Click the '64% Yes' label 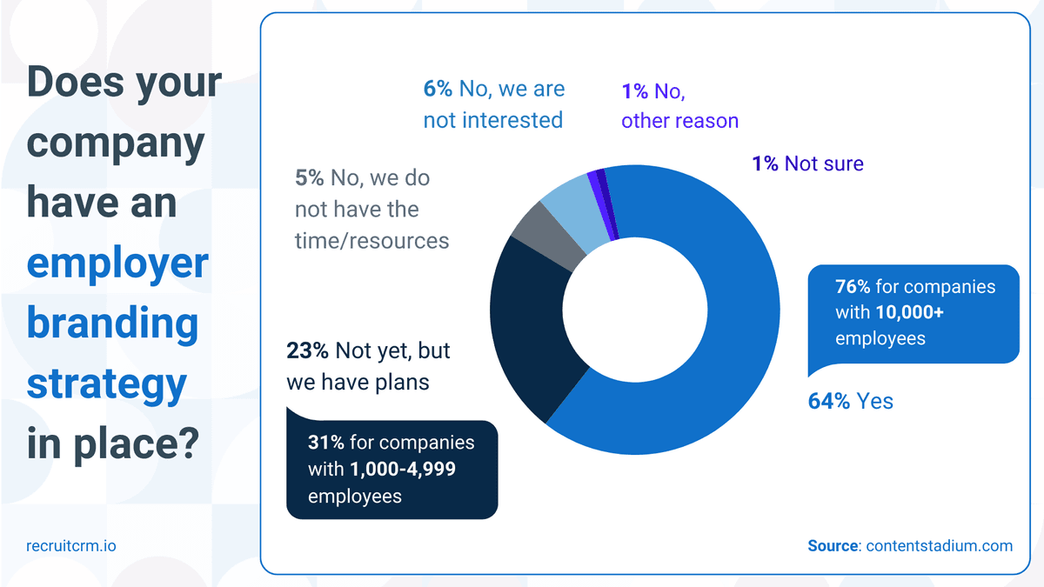851,401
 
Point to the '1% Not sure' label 807,163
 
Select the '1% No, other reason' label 679,105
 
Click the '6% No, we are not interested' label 493,104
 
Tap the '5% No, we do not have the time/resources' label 371,209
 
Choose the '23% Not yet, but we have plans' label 368,366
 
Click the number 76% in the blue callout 853,287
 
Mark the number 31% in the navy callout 325,443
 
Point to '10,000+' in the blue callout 911,312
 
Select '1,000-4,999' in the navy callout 403,469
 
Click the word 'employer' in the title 117,263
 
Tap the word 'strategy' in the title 106,384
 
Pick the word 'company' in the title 115,143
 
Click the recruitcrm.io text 70,546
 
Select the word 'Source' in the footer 833,546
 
